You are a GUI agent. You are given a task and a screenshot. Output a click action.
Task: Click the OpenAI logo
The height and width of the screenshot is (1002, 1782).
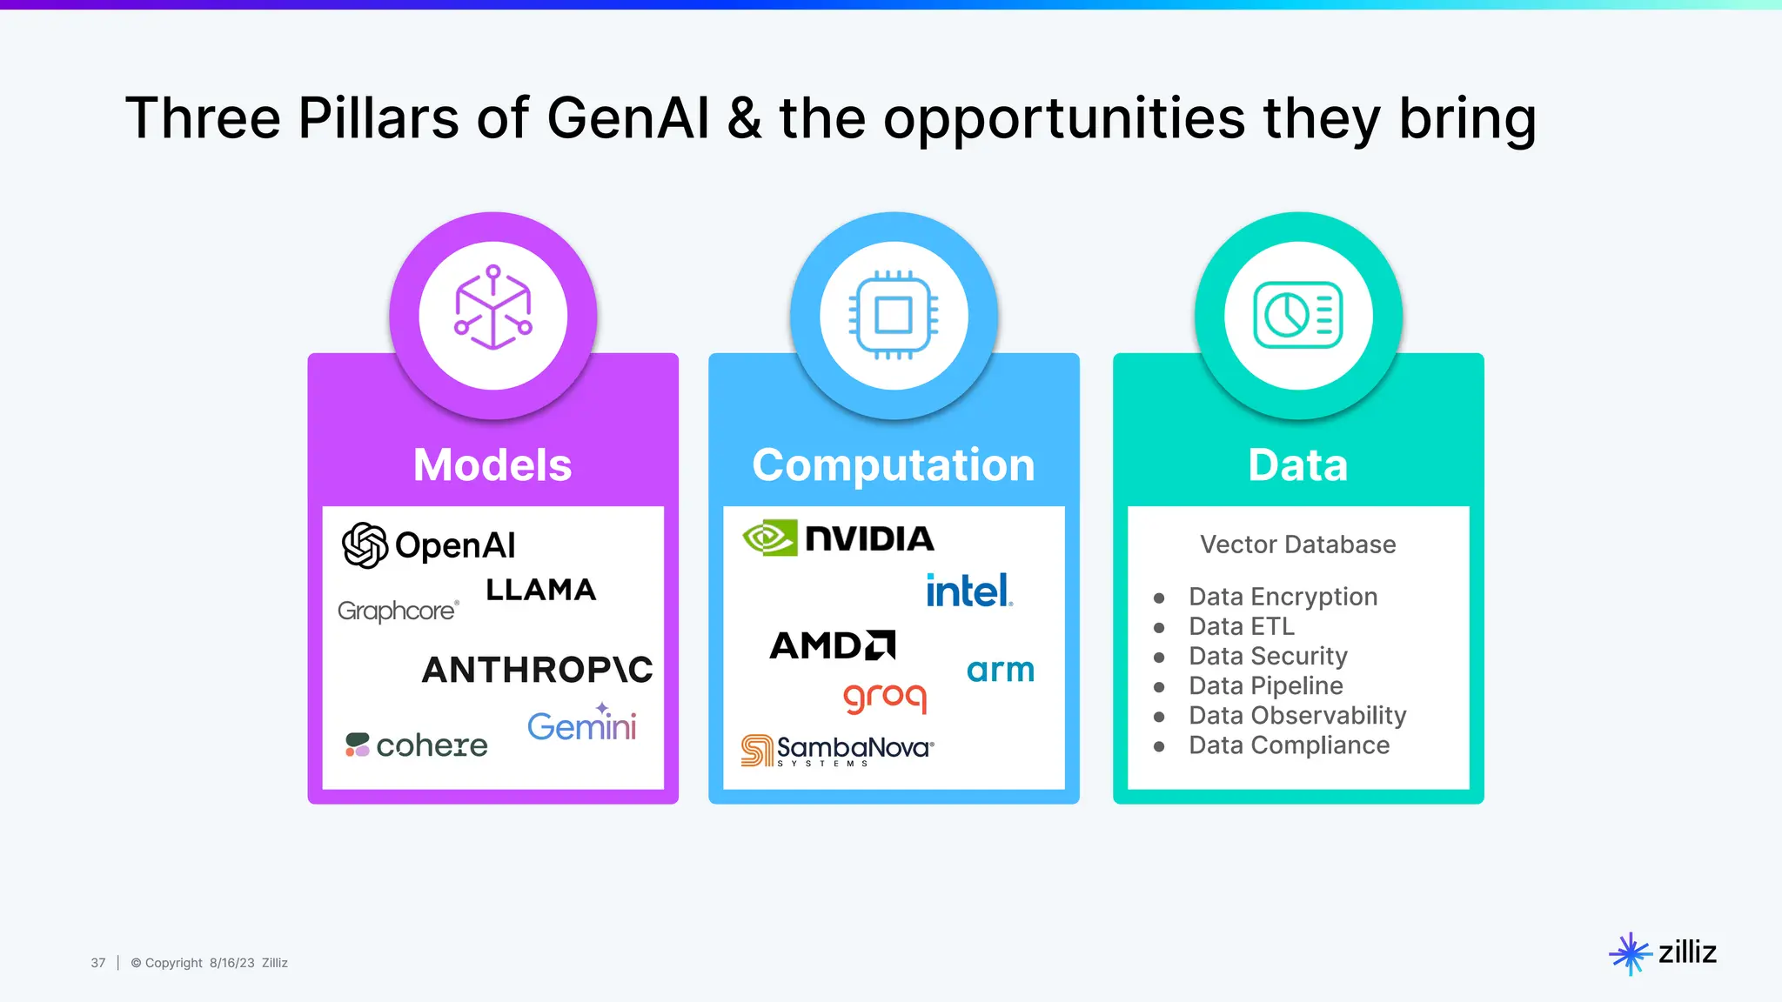428,545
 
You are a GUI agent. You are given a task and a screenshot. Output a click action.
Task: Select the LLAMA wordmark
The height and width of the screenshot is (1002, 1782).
540,590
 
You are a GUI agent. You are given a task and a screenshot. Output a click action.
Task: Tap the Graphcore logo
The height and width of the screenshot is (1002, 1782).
398,611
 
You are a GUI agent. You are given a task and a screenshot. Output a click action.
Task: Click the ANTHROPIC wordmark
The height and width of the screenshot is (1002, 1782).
537,670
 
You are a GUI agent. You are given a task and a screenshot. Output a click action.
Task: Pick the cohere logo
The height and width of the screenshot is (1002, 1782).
417,745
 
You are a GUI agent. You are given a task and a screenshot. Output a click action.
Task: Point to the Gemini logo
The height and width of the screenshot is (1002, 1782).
581,725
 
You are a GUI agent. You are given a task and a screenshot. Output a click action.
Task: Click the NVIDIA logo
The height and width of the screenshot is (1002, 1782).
838,538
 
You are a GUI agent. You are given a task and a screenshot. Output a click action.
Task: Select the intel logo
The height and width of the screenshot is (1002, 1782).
968,591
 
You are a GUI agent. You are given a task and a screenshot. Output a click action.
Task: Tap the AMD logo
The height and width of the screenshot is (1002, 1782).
832,645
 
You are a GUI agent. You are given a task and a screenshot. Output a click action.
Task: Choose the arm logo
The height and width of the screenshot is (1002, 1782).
1000,670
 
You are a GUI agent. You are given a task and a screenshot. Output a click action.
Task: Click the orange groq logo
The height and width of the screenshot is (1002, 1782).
885,697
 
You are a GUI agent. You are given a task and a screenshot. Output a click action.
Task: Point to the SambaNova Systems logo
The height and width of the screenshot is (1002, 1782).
837,750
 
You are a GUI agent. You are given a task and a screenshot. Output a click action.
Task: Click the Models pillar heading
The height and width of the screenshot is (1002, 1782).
492,464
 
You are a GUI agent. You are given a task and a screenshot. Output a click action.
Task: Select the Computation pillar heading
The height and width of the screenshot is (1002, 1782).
894,464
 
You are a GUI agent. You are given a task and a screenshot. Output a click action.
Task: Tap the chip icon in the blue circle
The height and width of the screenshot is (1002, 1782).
894,315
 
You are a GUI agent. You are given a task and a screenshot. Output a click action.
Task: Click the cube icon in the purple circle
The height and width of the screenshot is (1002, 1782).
492,308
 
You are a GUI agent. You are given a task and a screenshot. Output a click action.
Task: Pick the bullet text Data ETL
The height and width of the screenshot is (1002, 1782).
1241,626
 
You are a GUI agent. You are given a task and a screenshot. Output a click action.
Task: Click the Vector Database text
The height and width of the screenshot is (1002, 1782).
1297,544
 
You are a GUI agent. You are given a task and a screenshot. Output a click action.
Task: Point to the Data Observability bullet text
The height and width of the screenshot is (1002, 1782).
1296,715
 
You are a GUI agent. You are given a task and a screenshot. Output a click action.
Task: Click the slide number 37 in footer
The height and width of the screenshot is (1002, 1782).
98,963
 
